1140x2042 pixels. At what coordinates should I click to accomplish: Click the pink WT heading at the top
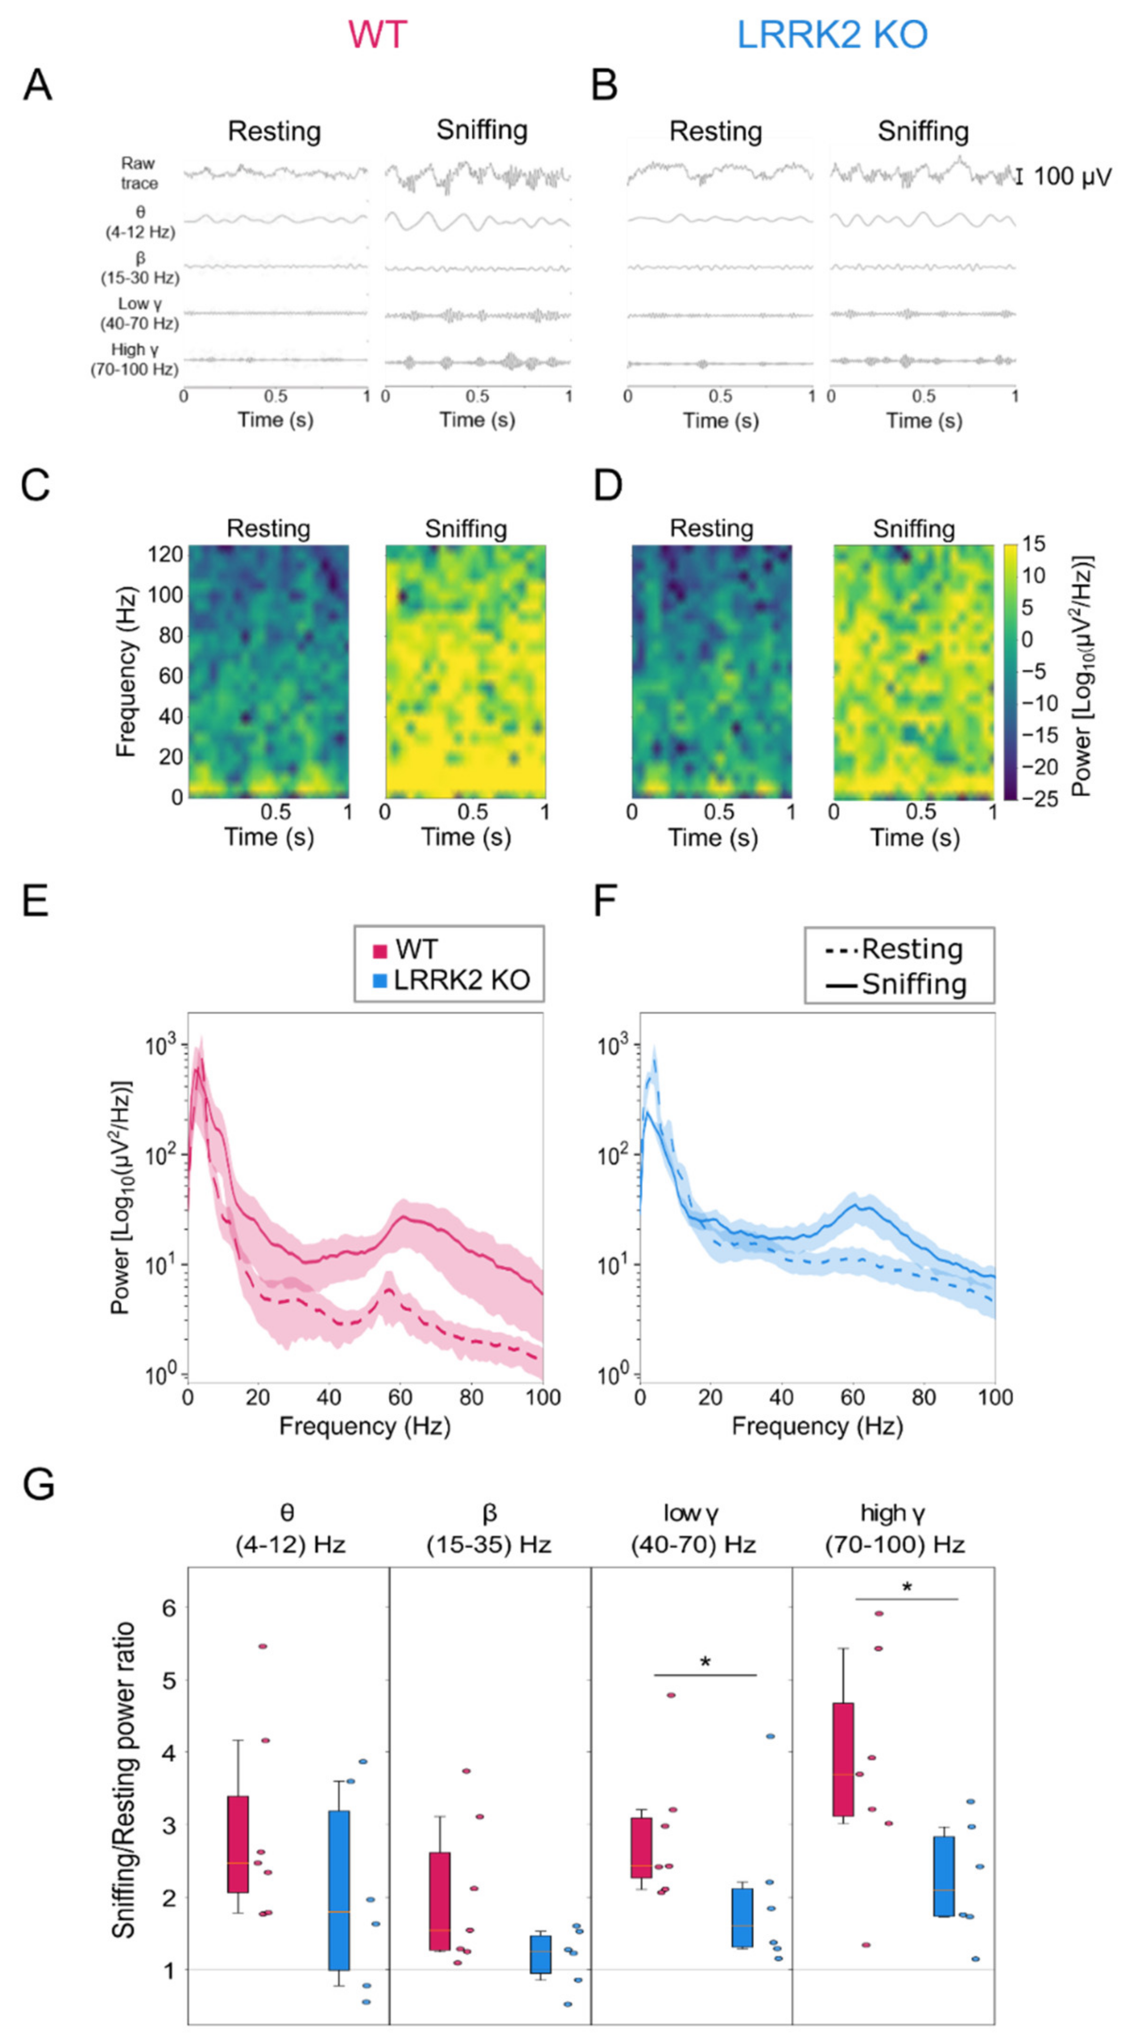pyautogui.click(x=377, y=34)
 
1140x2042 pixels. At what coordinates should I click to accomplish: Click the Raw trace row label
pyautogui.click(x=139, y=173)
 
